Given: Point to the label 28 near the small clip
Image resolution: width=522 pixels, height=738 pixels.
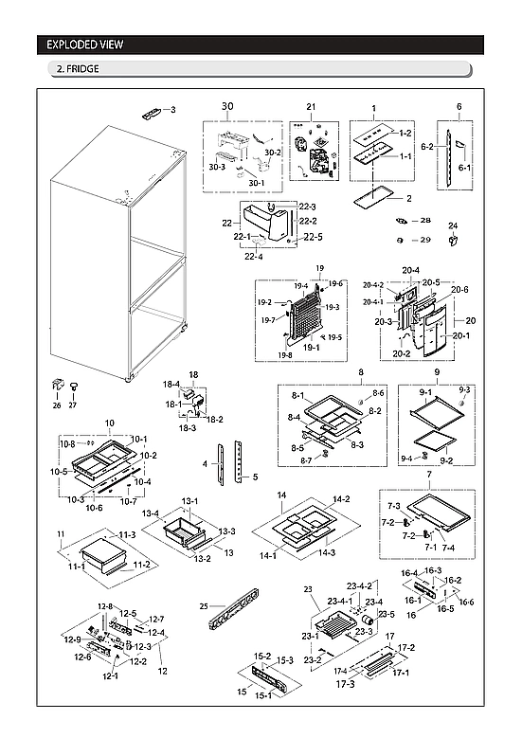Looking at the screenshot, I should pos(425,220).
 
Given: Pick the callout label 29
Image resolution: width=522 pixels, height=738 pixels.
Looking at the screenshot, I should pos(425,240).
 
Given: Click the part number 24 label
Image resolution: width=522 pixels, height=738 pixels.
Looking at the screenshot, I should pos(453,225).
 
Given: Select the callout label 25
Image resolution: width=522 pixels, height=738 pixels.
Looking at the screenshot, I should pos(204,605).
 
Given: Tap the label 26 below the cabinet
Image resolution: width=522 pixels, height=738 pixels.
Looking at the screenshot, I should pos(57,405).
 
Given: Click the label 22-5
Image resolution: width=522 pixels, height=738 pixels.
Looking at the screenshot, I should pos(313,237).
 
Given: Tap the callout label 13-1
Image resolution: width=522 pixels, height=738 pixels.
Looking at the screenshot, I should pos(189,501).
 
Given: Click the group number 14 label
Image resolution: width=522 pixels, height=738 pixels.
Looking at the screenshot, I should pos(281,495).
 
